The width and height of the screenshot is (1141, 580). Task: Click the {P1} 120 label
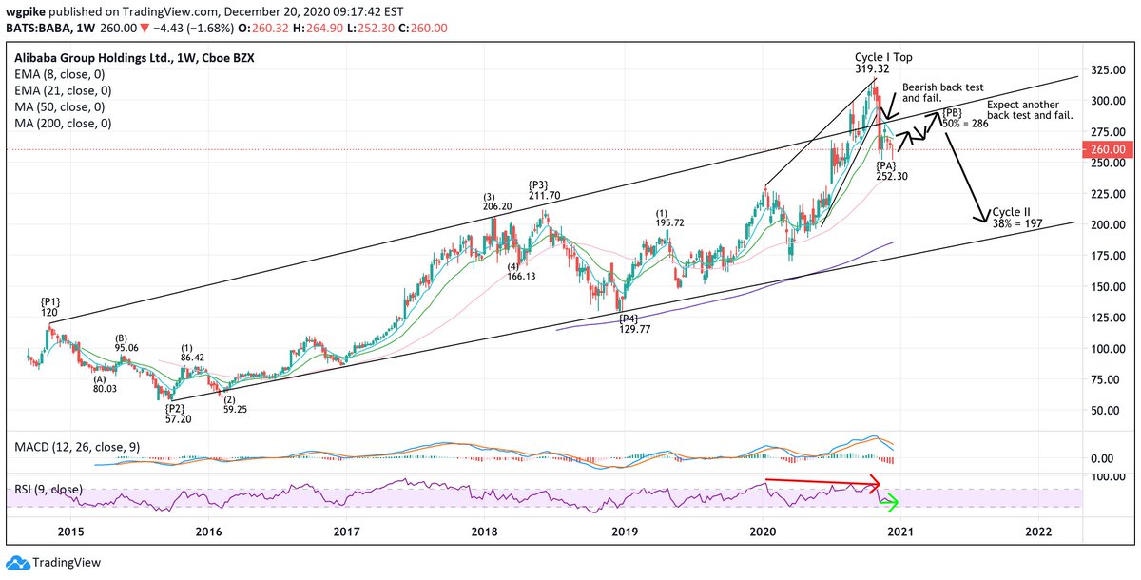[x=50, y=305]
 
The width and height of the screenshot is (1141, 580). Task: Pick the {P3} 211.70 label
[x=545, y=190]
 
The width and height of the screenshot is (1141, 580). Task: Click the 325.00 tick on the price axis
[x=1105, y=71]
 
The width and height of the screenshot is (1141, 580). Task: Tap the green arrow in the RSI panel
[x=889, y=501]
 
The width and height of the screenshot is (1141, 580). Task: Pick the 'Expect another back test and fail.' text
[x=1030, y=109]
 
